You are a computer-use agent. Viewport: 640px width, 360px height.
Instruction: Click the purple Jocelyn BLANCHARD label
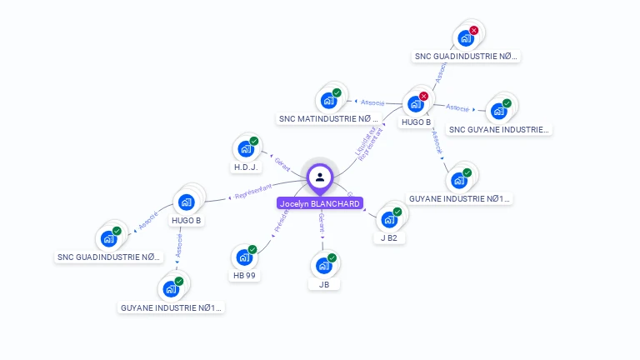click(320, 203)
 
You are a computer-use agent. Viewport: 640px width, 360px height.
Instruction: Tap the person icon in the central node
click(320, 177)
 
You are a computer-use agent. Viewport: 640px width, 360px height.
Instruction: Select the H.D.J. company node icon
click(246, 148)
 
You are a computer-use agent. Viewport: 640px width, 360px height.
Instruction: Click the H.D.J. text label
click(246, 167)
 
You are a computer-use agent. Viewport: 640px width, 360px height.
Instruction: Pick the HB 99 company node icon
click(244, 257)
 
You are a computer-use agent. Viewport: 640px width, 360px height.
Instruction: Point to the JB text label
click(324, 285)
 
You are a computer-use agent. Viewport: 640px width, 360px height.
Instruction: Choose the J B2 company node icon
click(389, 219)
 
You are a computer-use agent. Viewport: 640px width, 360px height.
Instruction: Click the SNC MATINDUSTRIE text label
click(328, 119)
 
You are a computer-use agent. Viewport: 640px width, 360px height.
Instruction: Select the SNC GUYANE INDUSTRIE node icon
click(499, 111)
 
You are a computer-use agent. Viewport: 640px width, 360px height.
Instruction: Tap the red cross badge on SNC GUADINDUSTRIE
click(474, 31)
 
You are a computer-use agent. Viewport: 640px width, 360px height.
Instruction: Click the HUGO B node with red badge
click(415, 104)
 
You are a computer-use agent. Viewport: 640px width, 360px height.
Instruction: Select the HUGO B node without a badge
click(187, 202)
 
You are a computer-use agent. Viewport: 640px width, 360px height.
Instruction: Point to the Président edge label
click(281, 222)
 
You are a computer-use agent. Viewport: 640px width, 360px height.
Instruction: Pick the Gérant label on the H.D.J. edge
click(282, 161)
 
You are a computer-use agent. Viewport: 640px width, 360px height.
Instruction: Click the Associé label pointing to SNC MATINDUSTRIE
click(372, 102)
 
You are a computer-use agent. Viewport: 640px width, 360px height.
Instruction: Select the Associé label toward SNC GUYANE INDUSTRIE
click(457, 107)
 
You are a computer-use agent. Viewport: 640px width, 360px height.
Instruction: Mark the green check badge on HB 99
click(252, 249)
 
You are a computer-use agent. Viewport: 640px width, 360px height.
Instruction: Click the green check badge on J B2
click(397, 212)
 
